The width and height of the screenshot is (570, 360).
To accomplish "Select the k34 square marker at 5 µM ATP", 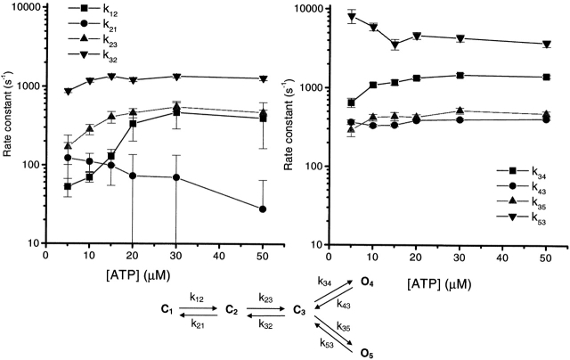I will click(x=352, y=102).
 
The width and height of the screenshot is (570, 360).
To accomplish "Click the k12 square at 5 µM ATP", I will click(x=69, y=186).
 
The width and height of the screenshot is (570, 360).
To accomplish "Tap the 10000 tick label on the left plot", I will click(x=24, y=8).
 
